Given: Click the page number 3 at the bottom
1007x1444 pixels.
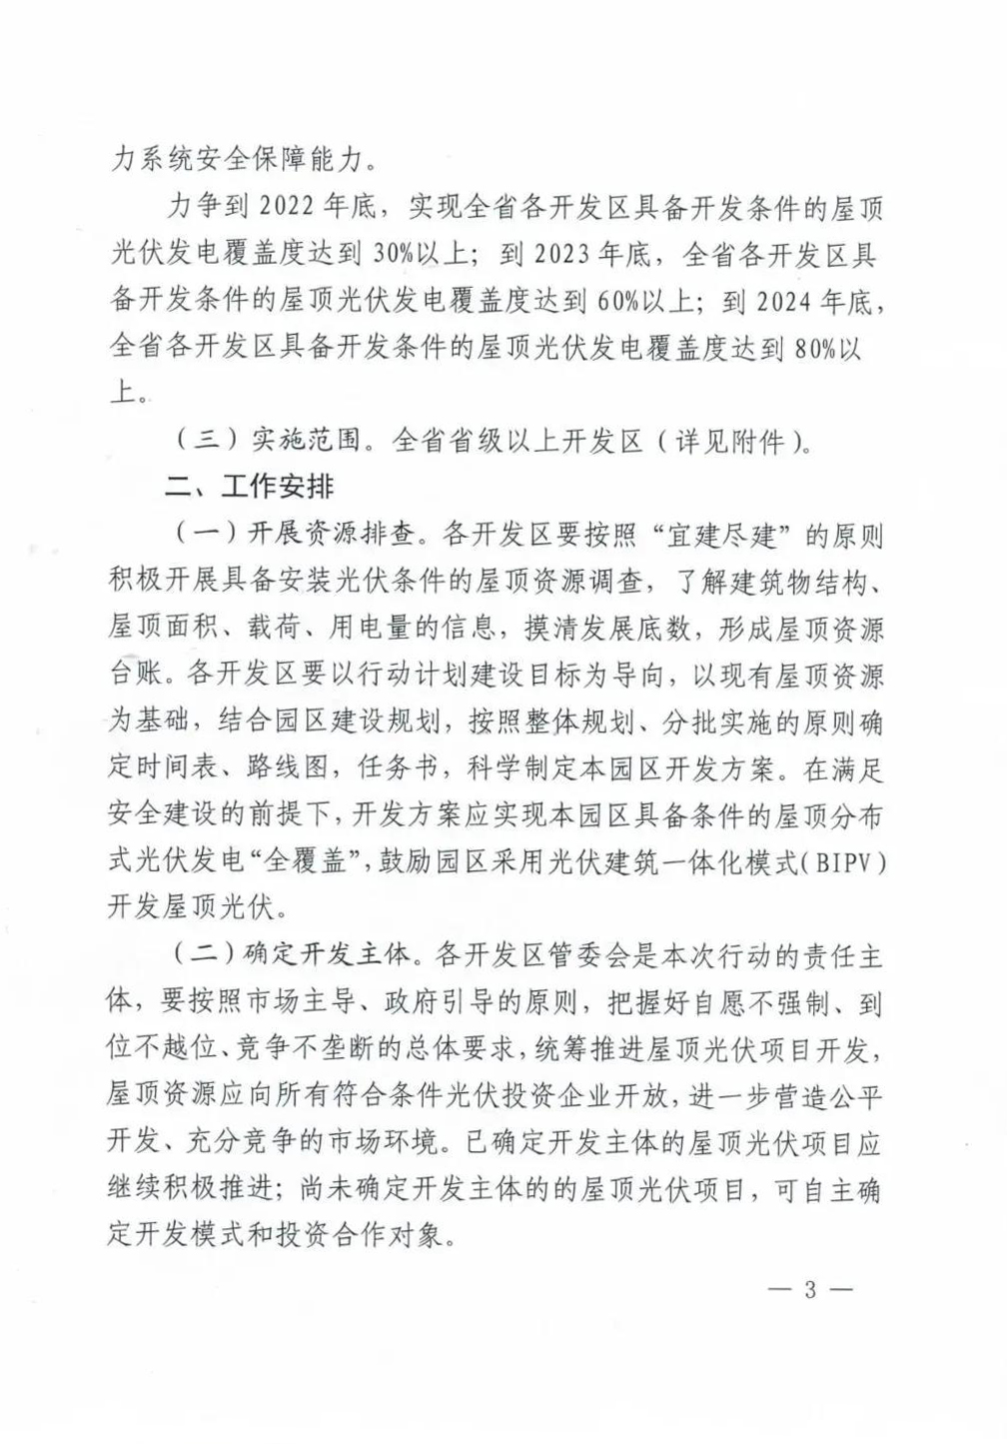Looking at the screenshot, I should click(809, 1289).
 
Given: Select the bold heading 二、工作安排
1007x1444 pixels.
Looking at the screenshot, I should click(250, 487).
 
